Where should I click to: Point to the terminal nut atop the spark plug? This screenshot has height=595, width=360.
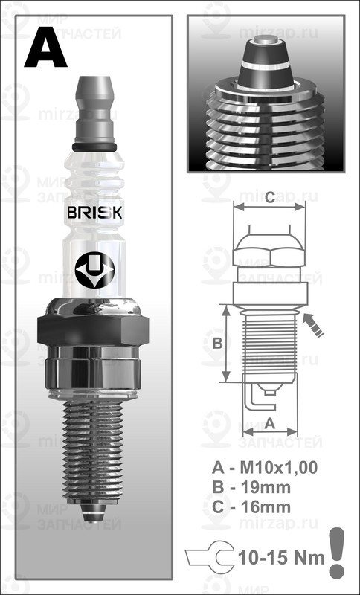coord(94,104)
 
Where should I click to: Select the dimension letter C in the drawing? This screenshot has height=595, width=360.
coord(269,197)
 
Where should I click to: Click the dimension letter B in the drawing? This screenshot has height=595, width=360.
coord(217,343)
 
